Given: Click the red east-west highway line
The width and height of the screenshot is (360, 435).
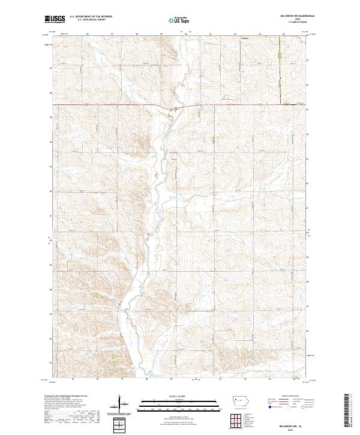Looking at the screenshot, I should coord(108,105).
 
